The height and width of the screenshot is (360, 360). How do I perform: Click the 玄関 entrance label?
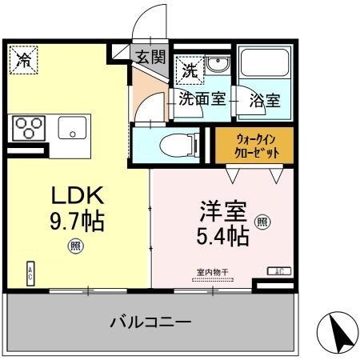point(150,57)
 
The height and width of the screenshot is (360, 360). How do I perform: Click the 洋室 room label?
point(222,214)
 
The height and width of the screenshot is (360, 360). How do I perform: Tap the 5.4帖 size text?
point(222,237)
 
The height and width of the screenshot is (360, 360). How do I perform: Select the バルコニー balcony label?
point(150,322)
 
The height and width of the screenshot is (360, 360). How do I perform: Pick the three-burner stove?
point(30,128)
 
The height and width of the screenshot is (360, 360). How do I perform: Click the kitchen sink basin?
point(72,129)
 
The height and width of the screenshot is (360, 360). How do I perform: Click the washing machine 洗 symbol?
point(190,69)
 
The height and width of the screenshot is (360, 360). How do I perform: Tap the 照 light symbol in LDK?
point(74,246)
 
